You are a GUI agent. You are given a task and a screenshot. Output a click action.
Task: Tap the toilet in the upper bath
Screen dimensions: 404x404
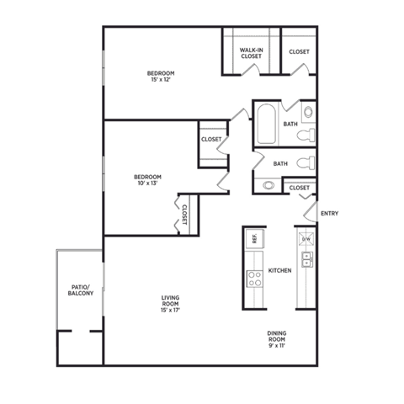pos(308,135)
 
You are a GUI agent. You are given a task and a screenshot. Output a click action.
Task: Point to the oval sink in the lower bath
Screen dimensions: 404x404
pos(268,185)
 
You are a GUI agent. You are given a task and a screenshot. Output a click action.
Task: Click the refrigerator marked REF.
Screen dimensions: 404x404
pos(252,240)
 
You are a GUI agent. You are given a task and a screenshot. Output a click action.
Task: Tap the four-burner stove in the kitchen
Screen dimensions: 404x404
pos(252,277)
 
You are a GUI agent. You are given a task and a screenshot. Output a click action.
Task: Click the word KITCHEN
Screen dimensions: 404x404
pos(279,270)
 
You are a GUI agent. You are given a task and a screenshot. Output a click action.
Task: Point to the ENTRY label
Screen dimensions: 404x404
pos(329,213)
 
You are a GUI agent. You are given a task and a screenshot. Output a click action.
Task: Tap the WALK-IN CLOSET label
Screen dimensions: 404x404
pos(250,55)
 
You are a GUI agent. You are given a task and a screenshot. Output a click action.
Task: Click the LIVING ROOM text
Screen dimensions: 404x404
pos(172,300)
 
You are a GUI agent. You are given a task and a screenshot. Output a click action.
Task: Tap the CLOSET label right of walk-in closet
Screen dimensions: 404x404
pos(299,52)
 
